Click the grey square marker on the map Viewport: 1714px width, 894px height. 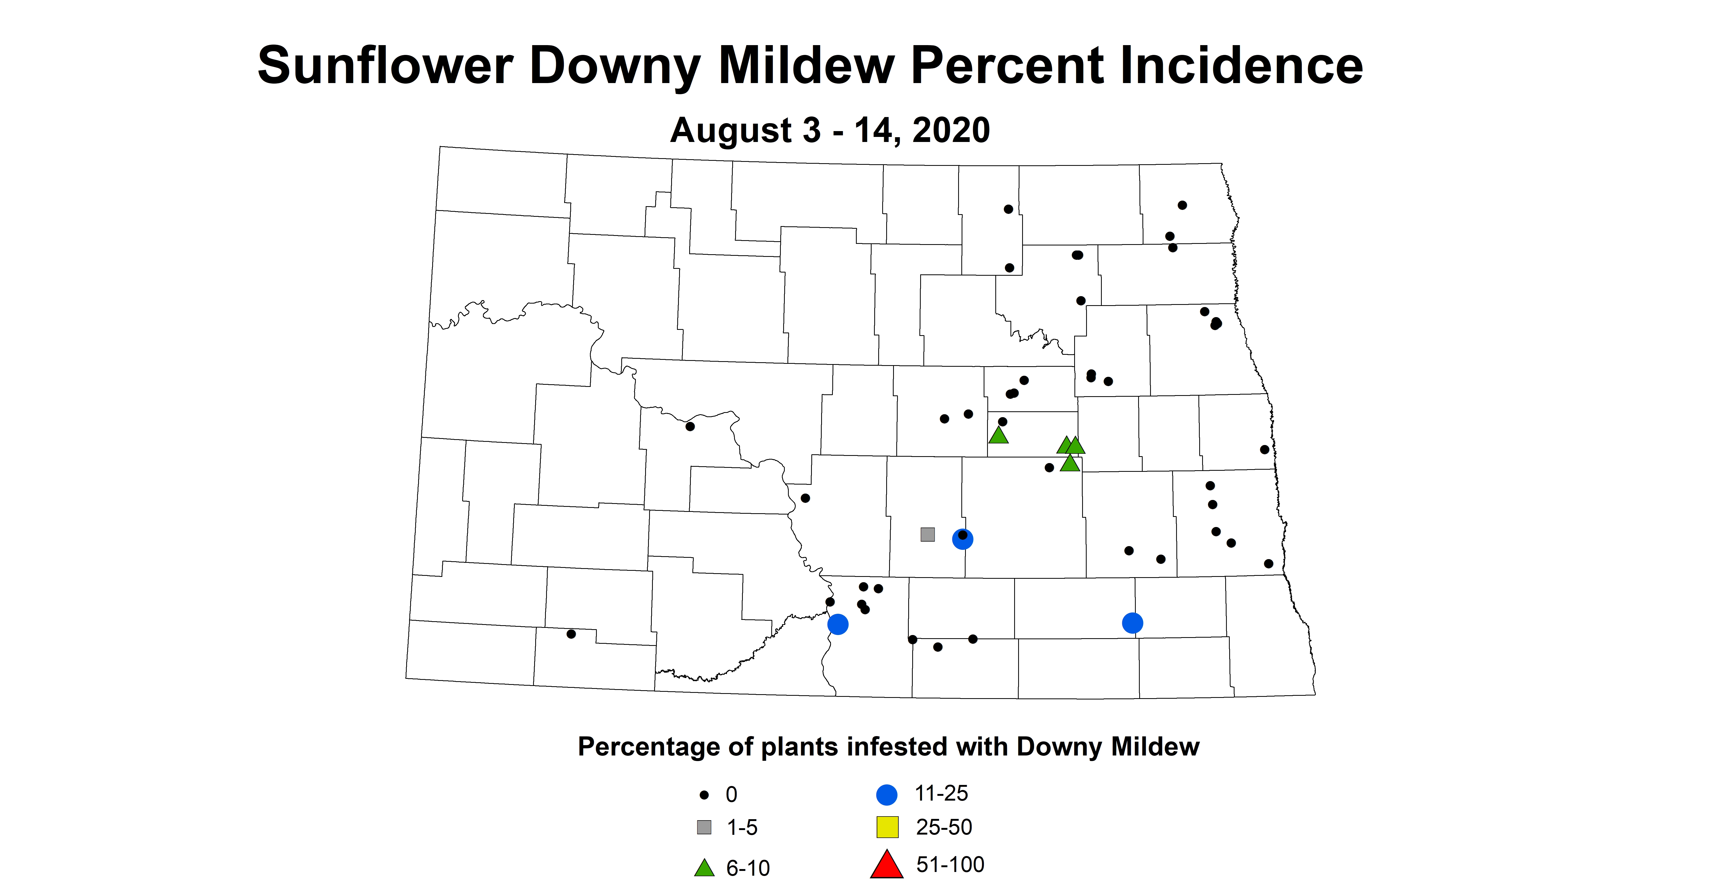click(x=927, y=534)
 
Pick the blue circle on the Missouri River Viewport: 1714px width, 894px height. click(x=838, y=624)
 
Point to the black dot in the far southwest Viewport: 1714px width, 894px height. click(x=571, y=634)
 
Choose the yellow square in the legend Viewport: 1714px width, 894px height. click(x=887, y=827)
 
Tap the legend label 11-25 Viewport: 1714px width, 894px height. click(x=941, y=793)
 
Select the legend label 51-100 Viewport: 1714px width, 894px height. click(x=949, y=865)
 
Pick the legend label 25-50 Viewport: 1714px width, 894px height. click(x=944, y=827)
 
